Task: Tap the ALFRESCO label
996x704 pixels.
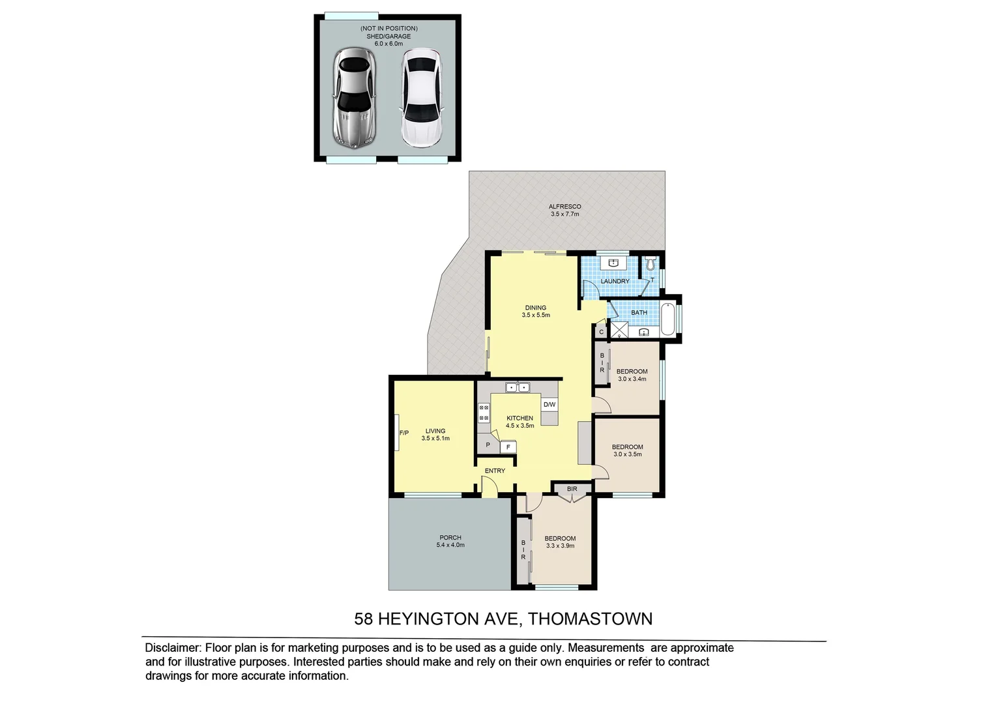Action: click(x=564, y=207)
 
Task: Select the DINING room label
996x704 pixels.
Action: click(x=536, y=308)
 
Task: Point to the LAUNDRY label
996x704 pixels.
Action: click(x=615, y=282)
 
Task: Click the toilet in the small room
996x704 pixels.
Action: click(x=649, y=265)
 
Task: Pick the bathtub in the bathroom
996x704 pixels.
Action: click(x=668, y=319)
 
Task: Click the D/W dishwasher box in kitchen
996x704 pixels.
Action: click(x=549, y=405)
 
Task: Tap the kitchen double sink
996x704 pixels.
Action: click(x=518, y=387)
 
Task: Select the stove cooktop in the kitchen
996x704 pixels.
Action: click(x=484, y=413)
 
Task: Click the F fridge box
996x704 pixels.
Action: click(x=508, y=448)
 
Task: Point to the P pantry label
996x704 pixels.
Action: click(x=488, y=445)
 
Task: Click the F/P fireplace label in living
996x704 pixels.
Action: click(x=403, y=433)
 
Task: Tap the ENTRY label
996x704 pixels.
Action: click(x=495, y=471)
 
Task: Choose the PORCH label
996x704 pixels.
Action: click(x=450, y=538)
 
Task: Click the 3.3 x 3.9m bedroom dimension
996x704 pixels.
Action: click(x=560, y=546)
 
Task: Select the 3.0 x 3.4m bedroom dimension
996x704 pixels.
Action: click(x=632, y=379)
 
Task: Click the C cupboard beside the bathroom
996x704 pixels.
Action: click(x=601, y=332)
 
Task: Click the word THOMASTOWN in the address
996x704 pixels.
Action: click(x=589, y=619)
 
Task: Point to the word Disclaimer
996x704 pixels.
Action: click(x=172, y=648)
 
